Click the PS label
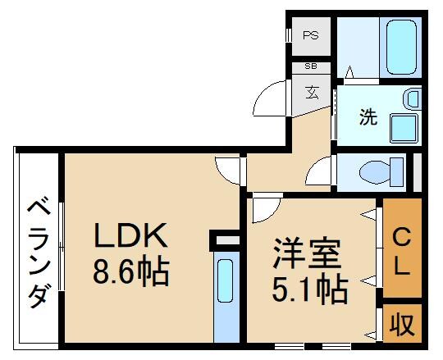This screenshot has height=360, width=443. [x=311, y=35]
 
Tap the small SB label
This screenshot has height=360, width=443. [x=311, y=66]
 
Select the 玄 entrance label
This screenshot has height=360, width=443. [x=313, y=90]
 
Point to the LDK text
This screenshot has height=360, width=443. [x=130, y=237]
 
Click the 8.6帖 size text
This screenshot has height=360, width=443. [x=130, y=271]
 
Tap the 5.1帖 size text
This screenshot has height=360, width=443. [x=309, y=287]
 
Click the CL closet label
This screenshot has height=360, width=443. [x=401, y=250]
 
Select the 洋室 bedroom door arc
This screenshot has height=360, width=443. [x=266, y=208]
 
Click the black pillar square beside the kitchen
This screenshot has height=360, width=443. [x=222, y=240]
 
